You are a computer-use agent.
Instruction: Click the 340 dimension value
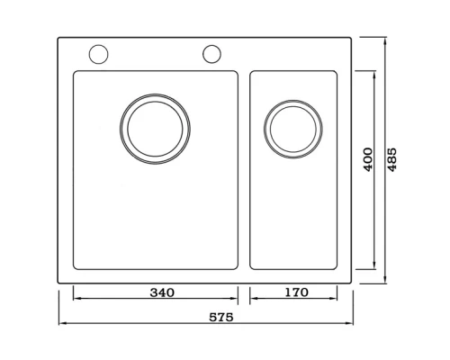click(162, 292)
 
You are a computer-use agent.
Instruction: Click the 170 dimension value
click(296, 292)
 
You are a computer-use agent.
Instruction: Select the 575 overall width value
click(221, 317)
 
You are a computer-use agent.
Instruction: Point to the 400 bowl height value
click(368, 159)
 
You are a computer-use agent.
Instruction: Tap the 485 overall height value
click(391, 159)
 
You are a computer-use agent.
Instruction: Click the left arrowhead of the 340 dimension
click(77, 299)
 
